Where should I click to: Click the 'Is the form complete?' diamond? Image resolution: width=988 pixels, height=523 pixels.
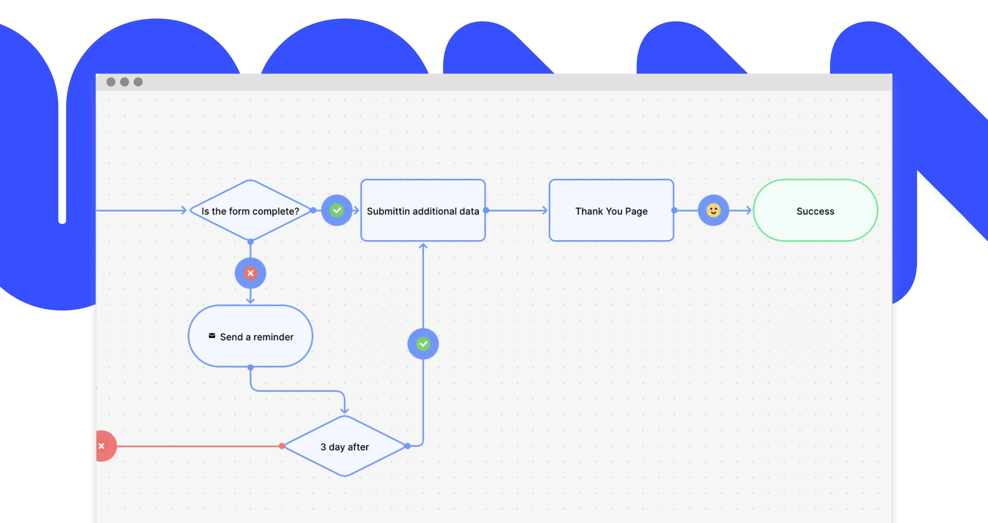coord(250,210)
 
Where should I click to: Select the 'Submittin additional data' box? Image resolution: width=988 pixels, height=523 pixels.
coord(423,210)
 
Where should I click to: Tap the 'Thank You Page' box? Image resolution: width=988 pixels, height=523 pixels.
coord(611,210)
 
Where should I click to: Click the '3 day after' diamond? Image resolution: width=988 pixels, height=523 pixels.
coord(345,446)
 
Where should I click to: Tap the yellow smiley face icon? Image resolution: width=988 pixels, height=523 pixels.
coord(713,210)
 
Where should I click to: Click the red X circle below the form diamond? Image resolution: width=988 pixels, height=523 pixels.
coord(250,273)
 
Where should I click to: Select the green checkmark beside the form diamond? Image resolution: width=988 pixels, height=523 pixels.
coord(337,210)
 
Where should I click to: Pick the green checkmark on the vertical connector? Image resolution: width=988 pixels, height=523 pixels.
coord(423,344)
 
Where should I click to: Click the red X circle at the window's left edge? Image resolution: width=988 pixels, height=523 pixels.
coord(103,446)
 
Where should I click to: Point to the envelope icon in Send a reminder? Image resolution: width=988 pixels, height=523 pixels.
coord(212,336)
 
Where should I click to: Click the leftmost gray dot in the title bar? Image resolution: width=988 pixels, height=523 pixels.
coord(111,82)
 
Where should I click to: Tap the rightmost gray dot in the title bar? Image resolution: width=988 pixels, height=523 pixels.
coord(138,82)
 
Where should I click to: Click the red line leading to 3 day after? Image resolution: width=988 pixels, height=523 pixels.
coord(199,446)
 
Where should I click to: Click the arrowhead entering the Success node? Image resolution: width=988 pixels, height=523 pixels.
coord(748,210)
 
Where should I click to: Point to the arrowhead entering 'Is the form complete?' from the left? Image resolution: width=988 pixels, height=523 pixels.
coord(183,210)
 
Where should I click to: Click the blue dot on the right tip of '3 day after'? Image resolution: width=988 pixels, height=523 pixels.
coord(407,446)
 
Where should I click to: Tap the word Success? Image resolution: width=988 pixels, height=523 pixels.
coord(815,211)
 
